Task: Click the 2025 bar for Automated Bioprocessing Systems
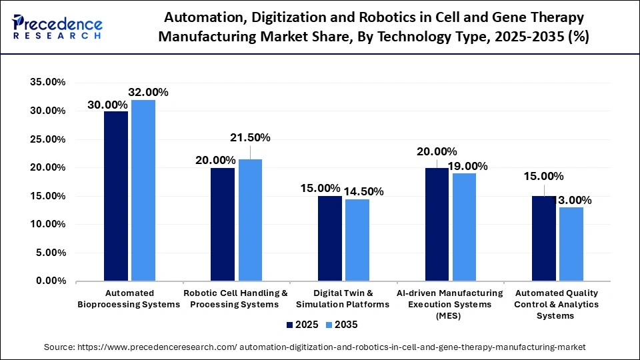(x=116, y=196)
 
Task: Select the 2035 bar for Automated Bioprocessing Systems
(x=143, y=191)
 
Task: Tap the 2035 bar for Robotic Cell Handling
(x=250, y=220)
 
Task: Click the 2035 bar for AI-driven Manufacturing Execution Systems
(x=464, y=227)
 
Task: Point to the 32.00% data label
(x=149, y=93)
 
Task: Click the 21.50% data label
(x=251, y=137)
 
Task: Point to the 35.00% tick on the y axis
(x=47, y=82)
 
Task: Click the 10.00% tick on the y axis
(x=47, y=225)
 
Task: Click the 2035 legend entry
(x=341, y=325)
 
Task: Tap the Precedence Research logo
(x=57, y=28)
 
